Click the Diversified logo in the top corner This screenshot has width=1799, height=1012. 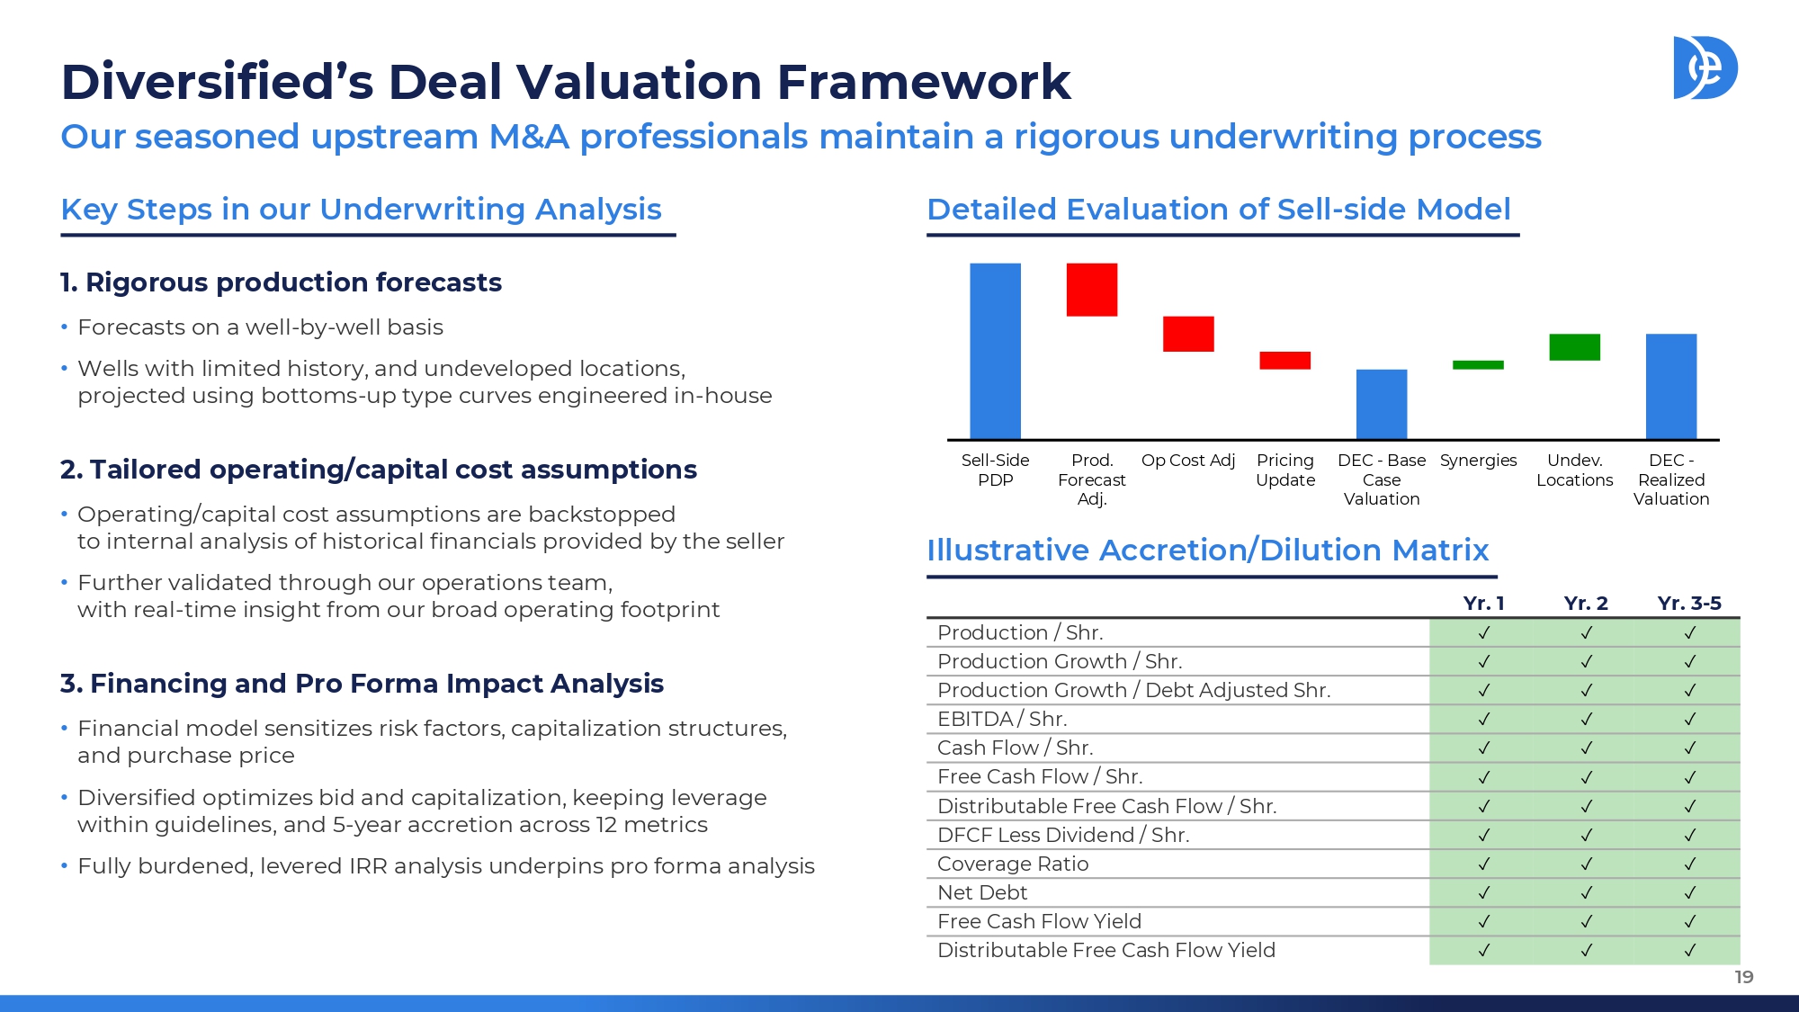[1705, 67]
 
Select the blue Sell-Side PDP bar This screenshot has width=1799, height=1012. [995, 351]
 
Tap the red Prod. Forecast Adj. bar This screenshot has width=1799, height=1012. [1092, 290]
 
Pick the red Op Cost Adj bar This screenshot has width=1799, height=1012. [1188, 334]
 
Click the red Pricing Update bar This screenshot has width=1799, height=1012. [1284, 361]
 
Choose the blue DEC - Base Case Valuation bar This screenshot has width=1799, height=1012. [1382, 404]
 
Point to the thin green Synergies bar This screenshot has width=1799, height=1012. [1478, 365]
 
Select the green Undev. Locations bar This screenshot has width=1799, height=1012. [1574, 347]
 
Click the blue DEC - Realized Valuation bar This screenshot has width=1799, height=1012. [1671, 387]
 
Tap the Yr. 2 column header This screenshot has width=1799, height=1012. [1586, 604]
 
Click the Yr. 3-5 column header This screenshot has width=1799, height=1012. [1689, 604]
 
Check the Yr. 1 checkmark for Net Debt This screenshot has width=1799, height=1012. [1484, 892]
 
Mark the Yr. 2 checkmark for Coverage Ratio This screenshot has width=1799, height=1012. [1587, 864]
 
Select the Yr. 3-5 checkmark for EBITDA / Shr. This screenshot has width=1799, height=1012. [1690, 719]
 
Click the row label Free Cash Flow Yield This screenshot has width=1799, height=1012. [1039, 921]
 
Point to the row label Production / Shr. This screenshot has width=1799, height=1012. [1020, 632]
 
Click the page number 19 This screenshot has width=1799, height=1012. [1744, 977]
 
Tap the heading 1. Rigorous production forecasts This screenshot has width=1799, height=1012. [281, 282]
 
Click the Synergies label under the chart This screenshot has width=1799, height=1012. [1478, 461]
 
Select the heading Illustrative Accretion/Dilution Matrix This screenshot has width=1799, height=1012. [1208, 550]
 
